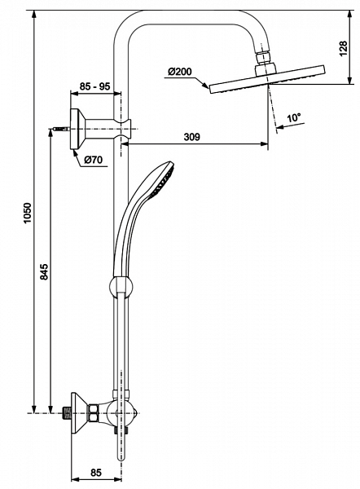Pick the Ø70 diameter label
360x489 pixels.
(x=92, y=160)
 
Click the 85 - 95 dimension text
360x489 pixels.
(x=94, y=85)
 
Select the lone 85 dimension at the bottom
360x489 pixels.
(x=95, y=471)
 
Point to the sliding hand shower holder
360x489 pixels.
(x=120, y=286)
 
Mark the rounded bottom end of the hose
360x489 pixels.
(x=123, y=457)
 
